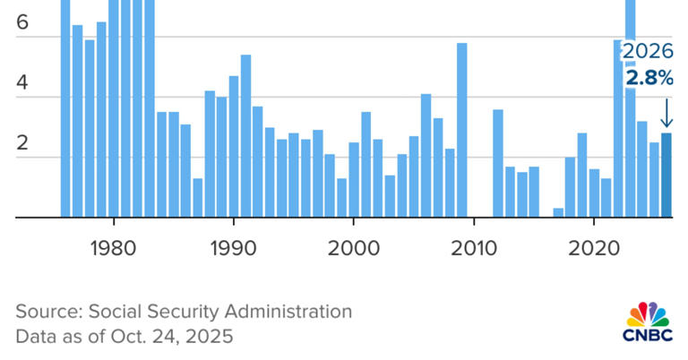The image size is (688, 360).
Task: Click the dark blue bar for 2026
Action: point(666,176)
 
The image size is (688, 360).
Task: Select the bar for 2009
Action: point(461,130)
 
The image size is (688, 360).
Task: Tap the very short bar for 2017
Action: point(558,212)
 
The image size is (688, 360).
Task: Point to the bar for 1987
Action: point(197,197)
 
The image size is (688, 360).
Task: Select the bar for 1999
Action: point(341,197)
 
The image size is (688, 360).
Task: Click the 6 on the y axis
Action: point(22,24)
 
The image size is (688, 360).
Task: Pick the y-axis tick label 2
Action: point(22,143)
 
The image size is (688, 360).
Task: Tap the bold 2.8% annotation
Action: point(649,79)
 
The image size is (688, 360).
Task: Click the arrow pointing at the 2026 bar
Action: point(666,114)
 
